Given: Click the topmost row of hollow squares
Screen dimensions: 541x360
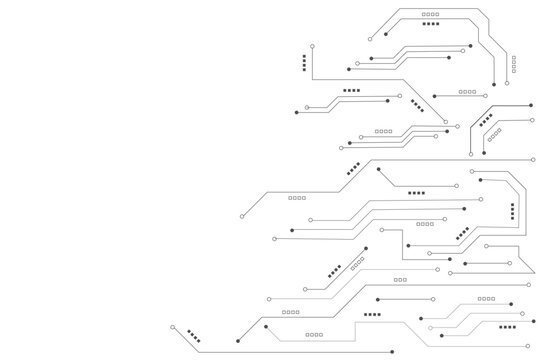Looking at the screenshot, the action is point(431,13).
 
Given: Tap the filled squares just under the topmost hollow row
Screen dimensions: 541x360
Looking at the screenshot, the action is point(431,23).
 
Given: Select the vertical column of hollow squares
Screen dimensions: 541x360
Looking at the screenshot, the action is point(514,61).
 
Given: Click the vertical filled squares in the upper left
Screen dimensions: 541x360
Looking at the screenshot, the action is point(304,63).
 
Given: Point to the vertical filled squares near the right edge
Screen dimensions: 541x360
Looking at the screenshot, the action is point(513,210).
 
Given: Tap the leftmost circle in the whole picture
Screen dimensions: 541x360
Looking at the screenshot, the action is point(173,327).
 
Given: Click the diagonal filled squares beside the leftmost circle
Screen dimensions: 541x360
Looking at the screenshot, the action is point(193,339).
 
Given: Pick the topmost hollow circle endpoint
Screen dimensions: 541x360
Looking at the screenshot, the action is point(370,38).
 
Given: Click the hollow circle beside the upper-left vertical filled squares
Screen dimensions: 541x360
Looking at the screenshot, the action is point(311,46).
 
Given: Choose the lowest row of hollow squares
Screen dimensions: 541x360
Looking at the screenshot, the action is point(314,334).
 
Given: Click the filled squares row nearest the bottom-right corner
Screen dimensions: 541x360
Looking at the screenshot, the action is point(508,327).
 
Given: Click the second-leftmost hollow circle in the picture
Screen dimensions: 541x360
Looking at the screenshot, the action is point(243,216).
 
